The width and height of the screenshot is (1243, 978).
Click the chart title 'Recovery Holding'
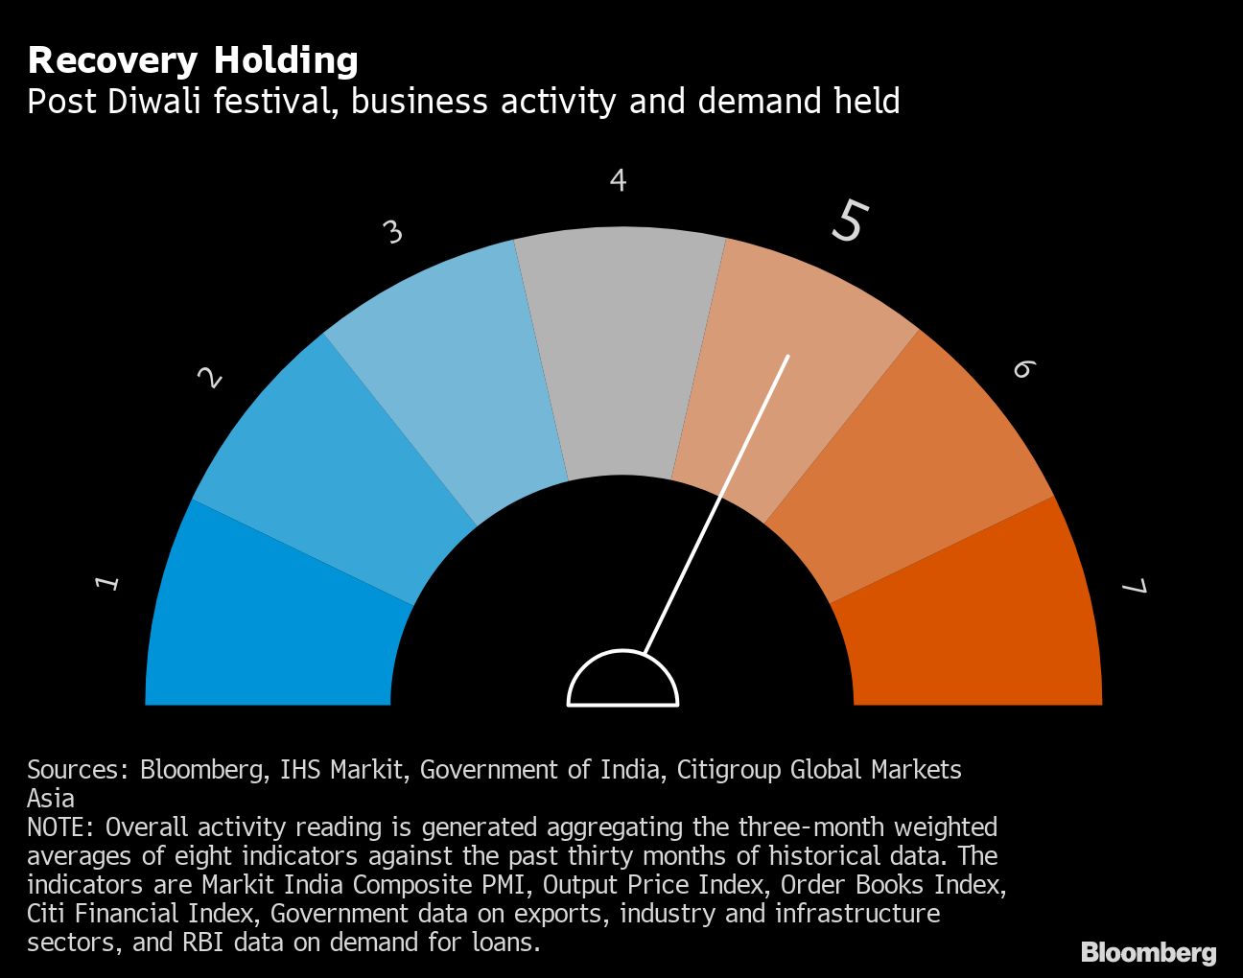[x=193, y=60]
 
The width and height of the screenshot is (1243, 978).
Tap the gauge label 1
[x=108, y=582]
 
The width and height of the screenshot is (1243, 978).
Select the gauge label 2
[x=210, y=378]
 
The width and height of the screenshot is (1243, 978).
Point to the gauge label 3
[x=392, y=232]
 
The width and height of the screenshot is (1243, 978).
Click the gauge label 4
[x=619, y=180]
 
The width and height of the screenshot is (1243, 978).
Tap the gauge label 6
[x=1023, y=369]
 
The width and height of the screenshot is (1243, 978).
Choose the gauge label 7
[x=1135, y=586]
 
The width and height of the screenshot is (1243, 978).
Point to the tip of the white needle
[x=787, y=357]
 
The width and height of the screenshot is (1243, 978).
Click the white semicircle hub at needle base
[x=623, y=683]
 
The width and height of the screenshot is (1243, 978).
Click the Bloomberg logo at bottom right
[x=1148, y=952]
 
